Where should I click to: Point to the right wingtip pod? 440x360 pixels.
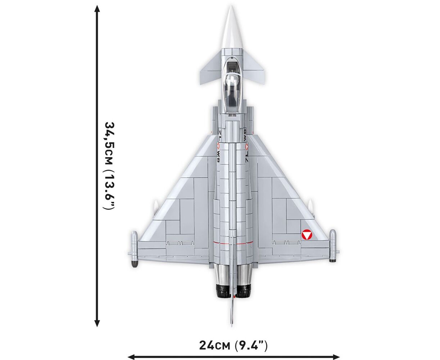click(x=332, y=246)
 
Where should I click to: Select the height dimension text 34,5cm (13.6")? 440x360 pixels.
click(x=109, y=166)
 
